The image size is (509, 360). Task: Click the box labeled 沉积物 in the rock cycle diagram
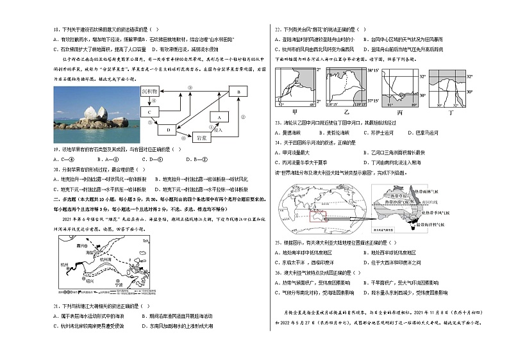149,92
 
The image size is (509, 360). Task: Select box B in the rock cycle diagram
237,92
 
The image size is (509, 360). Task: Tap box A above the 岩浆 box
219,117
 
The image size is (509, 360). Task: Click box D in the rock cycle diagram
169,130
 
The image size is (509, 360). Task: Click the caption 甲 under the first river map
296,111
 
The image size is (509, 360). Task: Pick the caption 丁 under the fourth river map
451,111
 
